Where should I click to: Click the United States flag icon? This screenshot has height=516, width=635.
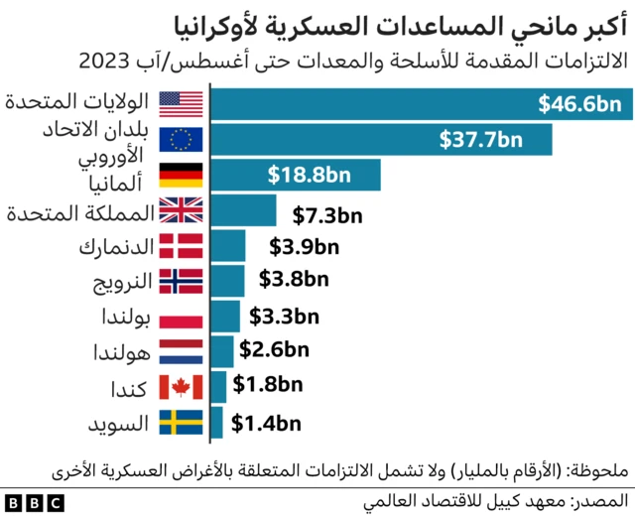tap(181, 102)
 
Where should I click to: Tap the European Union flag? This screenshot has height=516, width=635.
tap(181, 139)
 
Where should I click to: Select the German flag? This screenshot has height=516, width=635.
tap(181, 176)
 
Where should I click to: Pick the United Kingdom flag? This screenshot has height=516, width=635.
tap(181, 210)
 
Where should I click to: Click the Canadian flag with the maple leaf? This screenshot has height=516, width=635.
tap(181, 387)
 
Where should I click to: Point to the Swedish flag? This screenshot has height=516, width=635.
tap(181, 423)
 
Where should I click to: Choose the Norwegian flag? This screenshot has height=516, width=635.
tap(181, 281)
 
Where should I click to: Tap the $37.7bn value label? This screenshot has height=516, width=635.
tap(480, 139)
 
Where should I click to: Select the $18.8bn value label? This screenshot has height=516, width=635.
tap(309, 176)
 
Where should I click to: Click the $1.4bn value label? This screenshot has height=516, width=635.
tap(265, 424)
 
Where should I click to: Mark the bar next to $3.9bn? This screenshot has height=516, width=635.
tap(228, 245)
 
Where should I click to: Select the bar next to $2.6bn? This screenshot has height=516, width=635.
tap(222, 351)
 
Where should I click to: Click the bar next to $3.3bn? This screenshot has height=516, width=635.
tap(225, 317)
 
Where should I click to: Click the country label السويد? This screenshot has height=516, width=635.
tap(118, 424)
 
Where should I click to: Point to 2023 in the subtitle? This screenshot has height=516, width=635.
tap(104, 63)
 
